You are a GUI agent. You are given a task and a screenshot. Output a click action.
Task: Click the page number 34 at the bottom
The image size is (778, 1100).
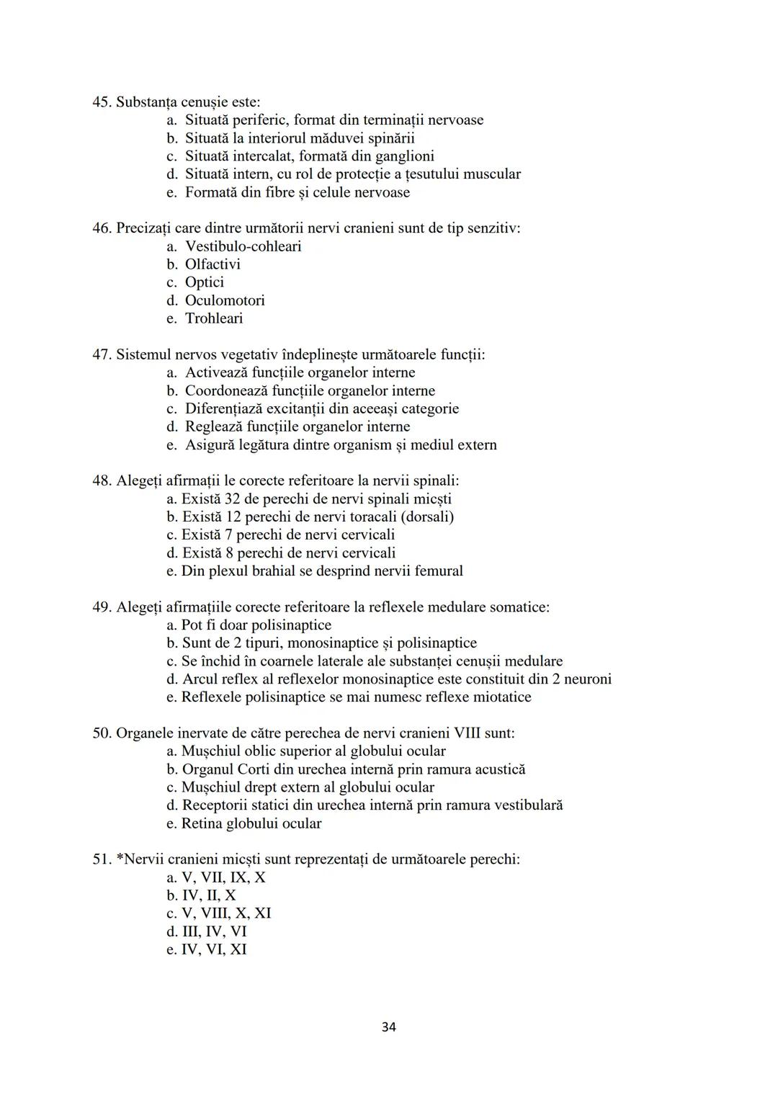pyautogui.click(x=388, y=1027)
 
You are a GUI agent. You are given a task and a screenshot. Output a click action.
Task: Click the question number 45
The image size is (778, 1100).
pyautogui.click(x=102, y=102)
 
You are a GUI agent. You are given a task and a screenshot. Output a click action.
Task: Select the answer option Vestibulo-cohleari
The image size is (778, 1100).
pyautogui.click(x=243, y=246)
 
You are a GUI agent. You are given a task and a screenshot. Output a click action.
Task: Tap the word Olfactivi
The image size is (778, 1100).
pyautogui.click(x=213, y=264)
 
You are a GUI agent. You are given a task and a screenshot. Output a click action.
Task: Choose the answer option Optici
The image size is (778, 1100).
pyautogui.click(x=204, y=282)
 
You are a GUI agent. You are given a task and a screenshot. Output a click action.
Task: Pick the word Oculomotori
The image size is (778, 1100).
pyautogui.click(x=225, y=300)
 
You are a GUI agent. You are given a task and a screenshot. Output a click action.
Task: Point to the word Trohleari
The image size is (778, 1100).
pyautogui.click(x=214, y=318)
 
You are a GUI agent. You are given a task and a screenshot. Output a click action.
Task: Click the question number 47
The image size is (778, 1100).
pyautogui.click(x=102, y=354)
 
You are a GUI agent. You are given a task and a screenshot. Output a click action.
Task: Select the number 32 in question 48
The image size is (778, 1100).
pyautogui.click(x=233, y=498)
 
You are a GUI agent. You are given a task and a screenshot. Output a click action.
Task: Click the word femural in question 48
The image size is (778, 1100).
pyautogui.click(x=439, y=571)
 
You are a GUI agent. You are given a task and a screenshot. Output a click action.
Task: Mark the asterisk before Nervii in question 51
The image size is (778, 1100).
pyautogui.click(x=120, y=858)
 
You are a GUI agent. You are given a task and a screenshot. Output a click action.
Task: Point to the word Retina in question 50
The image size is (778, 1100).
pyautogui.click(x=202, y=823)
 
